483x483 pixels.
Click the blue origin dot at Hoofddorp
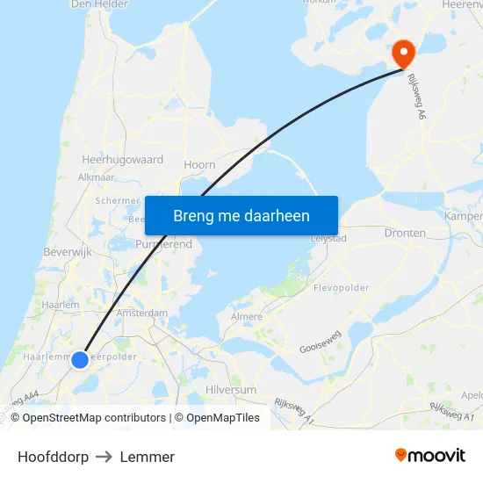(80, 359)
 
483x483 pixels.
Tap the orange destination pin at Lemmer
(404, 53)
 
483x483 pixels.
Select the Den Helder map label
(98, 4)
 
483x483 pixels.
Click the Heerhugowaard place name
(122, 161)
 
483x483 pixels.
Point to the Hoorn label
(199, 164)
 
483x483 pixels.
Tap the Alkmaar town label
(97, 177)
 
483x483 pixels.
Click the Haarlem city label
(61, 305)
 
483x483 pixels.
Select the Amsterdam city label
(141, 313)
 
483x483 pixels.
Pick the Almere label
(246, 316)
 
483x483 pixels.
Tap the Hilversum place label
(230, 389)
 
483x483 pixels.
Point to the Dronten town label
(405, 234)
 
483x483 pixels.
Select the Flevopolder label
(342, 287)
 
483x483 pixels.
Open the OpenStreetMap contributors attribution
(94, 418)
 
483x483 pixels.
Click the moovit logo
(429, 456)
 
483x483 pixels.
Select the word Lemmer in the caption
(148, 457)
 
